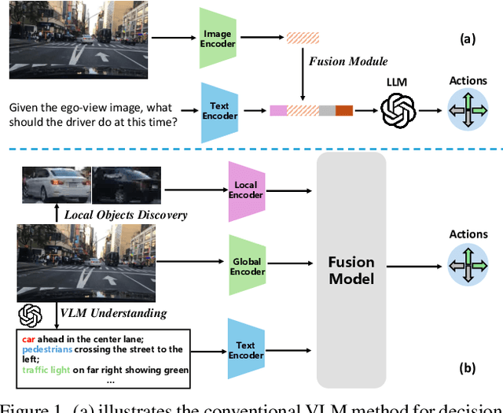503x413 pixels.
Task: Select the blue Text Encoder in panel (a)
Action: click(x=219, y=112)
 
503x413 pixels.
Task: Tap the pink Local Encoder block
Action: click(x=247, y=191)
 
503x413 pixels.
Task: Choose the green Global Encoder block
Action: click(x=247, y=266)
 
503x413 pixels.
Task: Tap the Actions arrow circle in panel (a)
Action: click(x=468, y=112)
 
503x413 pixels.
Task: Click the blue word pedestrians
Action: click(x=50, y=349)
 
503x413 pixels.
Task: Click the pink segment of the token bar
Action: click(x=277, y=111)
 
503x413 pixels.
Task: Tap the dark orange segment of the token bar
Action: click(x=344, y=111)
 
